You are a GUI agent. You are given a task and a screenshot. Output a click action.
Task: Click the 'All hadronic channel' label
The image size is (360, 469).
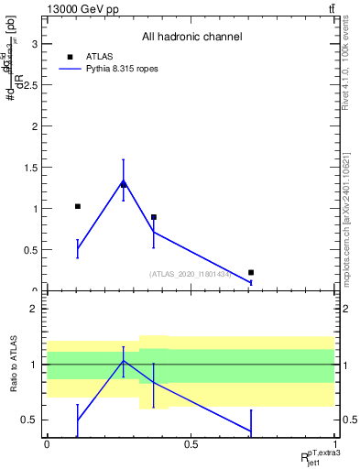coord(191,38)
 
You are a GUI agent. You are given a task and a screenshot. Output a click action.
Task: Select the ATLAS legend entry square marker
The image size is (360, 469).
coord(69,56)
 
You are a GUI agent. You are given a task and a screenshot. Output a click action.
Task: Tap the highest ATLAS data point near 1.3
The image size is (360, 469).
coord(124,184)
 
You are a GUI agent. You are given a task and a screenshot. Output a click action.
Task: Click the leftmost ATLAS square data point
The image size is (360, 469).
coord(78,206)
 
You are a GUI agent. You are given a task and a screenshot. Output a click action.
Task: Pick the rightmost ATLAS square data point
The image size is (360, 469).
coord(251,272)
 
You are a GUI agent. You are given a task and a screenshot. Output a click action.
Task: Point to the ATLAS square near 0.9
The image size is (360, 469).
coord(154,217)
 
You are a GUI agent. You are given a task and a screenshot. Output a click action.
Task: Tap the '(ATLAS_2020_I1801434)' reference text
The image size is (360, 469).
coord(191,273)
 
